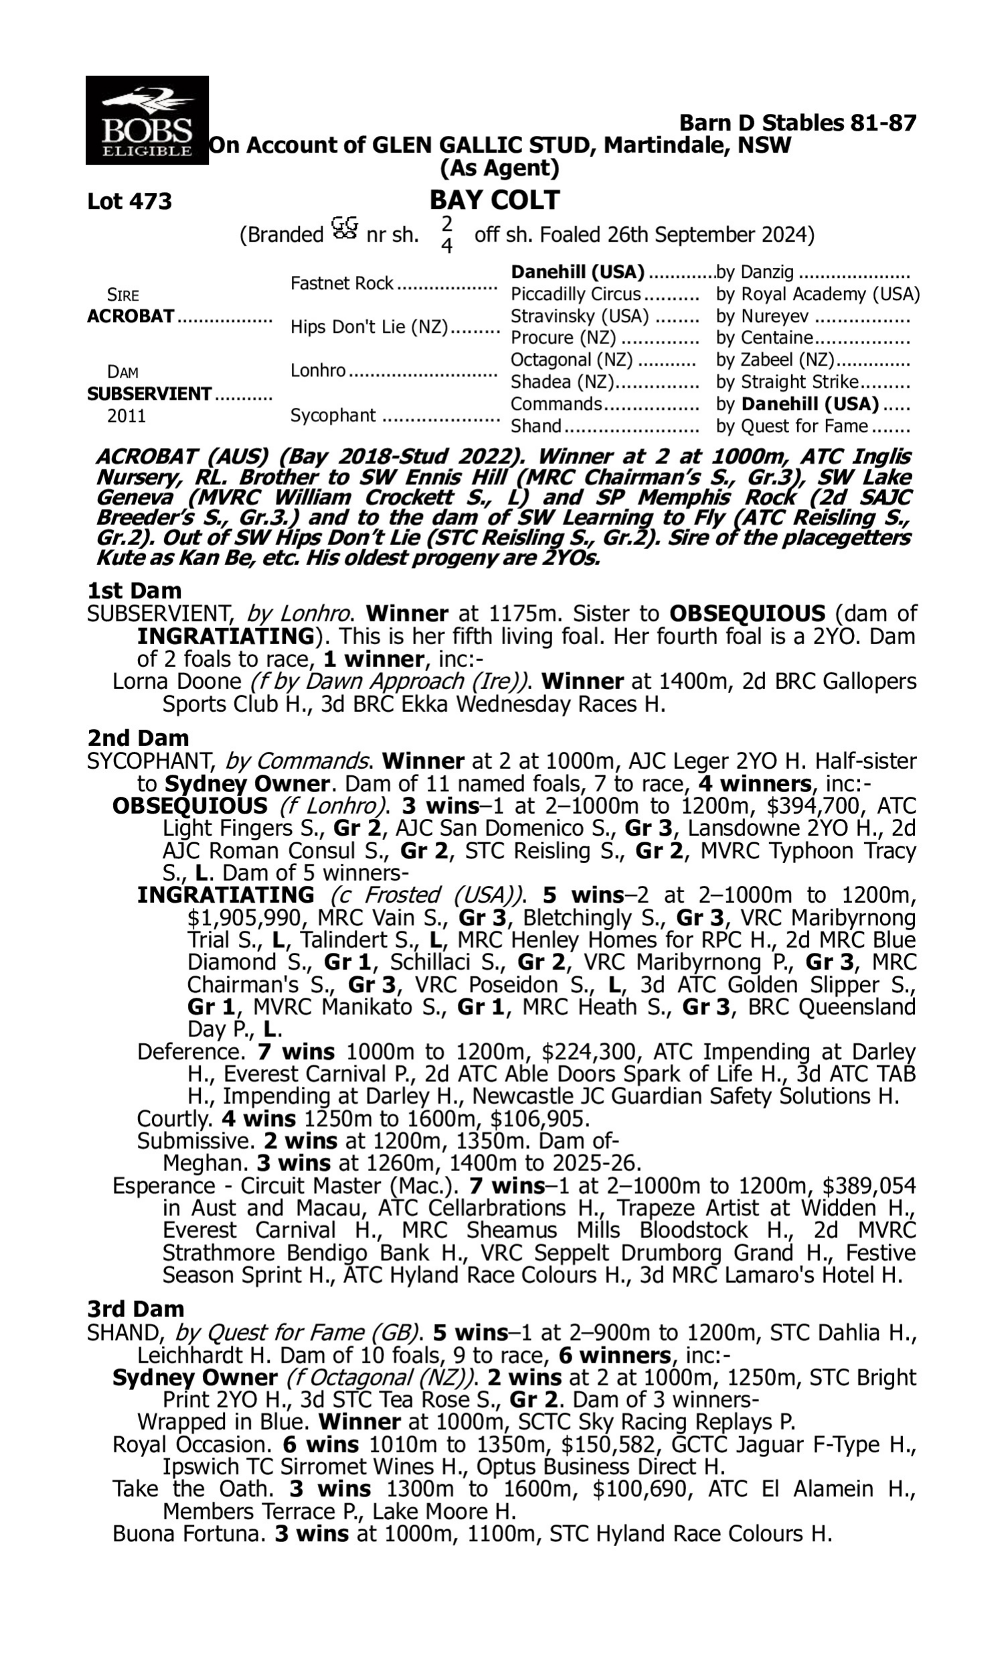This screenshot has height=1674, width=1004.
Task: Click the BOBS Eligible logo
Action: [x=147, y=120]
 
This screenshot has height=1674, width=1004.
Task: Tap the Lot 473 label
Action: [x=129, y=202]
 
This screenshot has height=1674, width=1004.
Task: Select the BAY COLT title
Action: [x=495, y=200]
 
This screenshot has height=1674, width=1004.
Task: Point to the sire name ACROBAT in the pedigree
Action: [x=131, y=316]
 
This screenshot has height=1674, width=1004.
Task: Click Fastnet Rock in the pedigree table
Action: [x=341, y=283]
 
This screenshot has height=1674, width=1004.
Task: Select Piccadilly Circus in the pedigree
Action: [x=575, y=295]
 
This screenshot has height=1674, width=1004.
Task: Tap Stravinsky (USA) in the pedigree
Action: [x=579, y=316]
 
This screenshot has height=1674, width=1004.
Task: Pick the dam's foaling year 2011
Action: [x=127, y=415]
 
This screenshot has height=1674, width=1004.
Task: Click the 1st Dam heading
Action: [x=134, y=591]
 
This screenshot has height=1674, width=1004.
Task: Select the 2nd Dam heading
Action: [x=138, y=737]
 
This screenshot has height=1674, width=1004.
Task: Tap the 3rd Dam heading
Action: [x=135, y=1309]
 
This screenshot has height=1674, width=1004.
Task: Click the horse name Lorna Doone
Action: [x=177, y=681]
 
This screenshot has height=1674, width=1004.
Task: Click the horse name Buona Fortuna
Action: [x=187, y=1533]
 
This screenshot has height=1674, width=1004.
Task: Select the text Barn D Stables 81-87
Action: [x=798, y=123]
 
